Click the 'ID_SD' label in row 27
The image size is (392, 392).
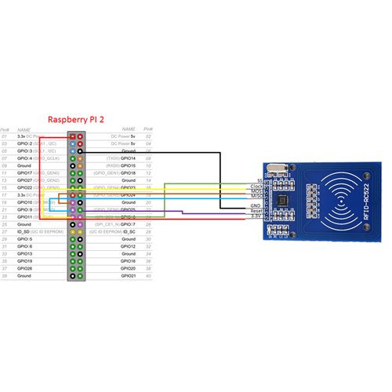click(x=24, y=232)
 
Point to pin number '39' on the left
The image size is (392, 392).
click(x=5, y=277)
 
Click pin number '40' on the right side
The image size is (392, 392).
click(x=149, y=277)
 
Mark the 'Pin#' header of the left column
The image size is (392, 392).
click(x=5, y=130)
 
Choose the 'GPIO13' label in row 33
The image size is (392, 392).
click(x=25, y=254)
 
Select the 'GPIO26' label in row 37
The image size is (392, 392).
click(x=25, y=269)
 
